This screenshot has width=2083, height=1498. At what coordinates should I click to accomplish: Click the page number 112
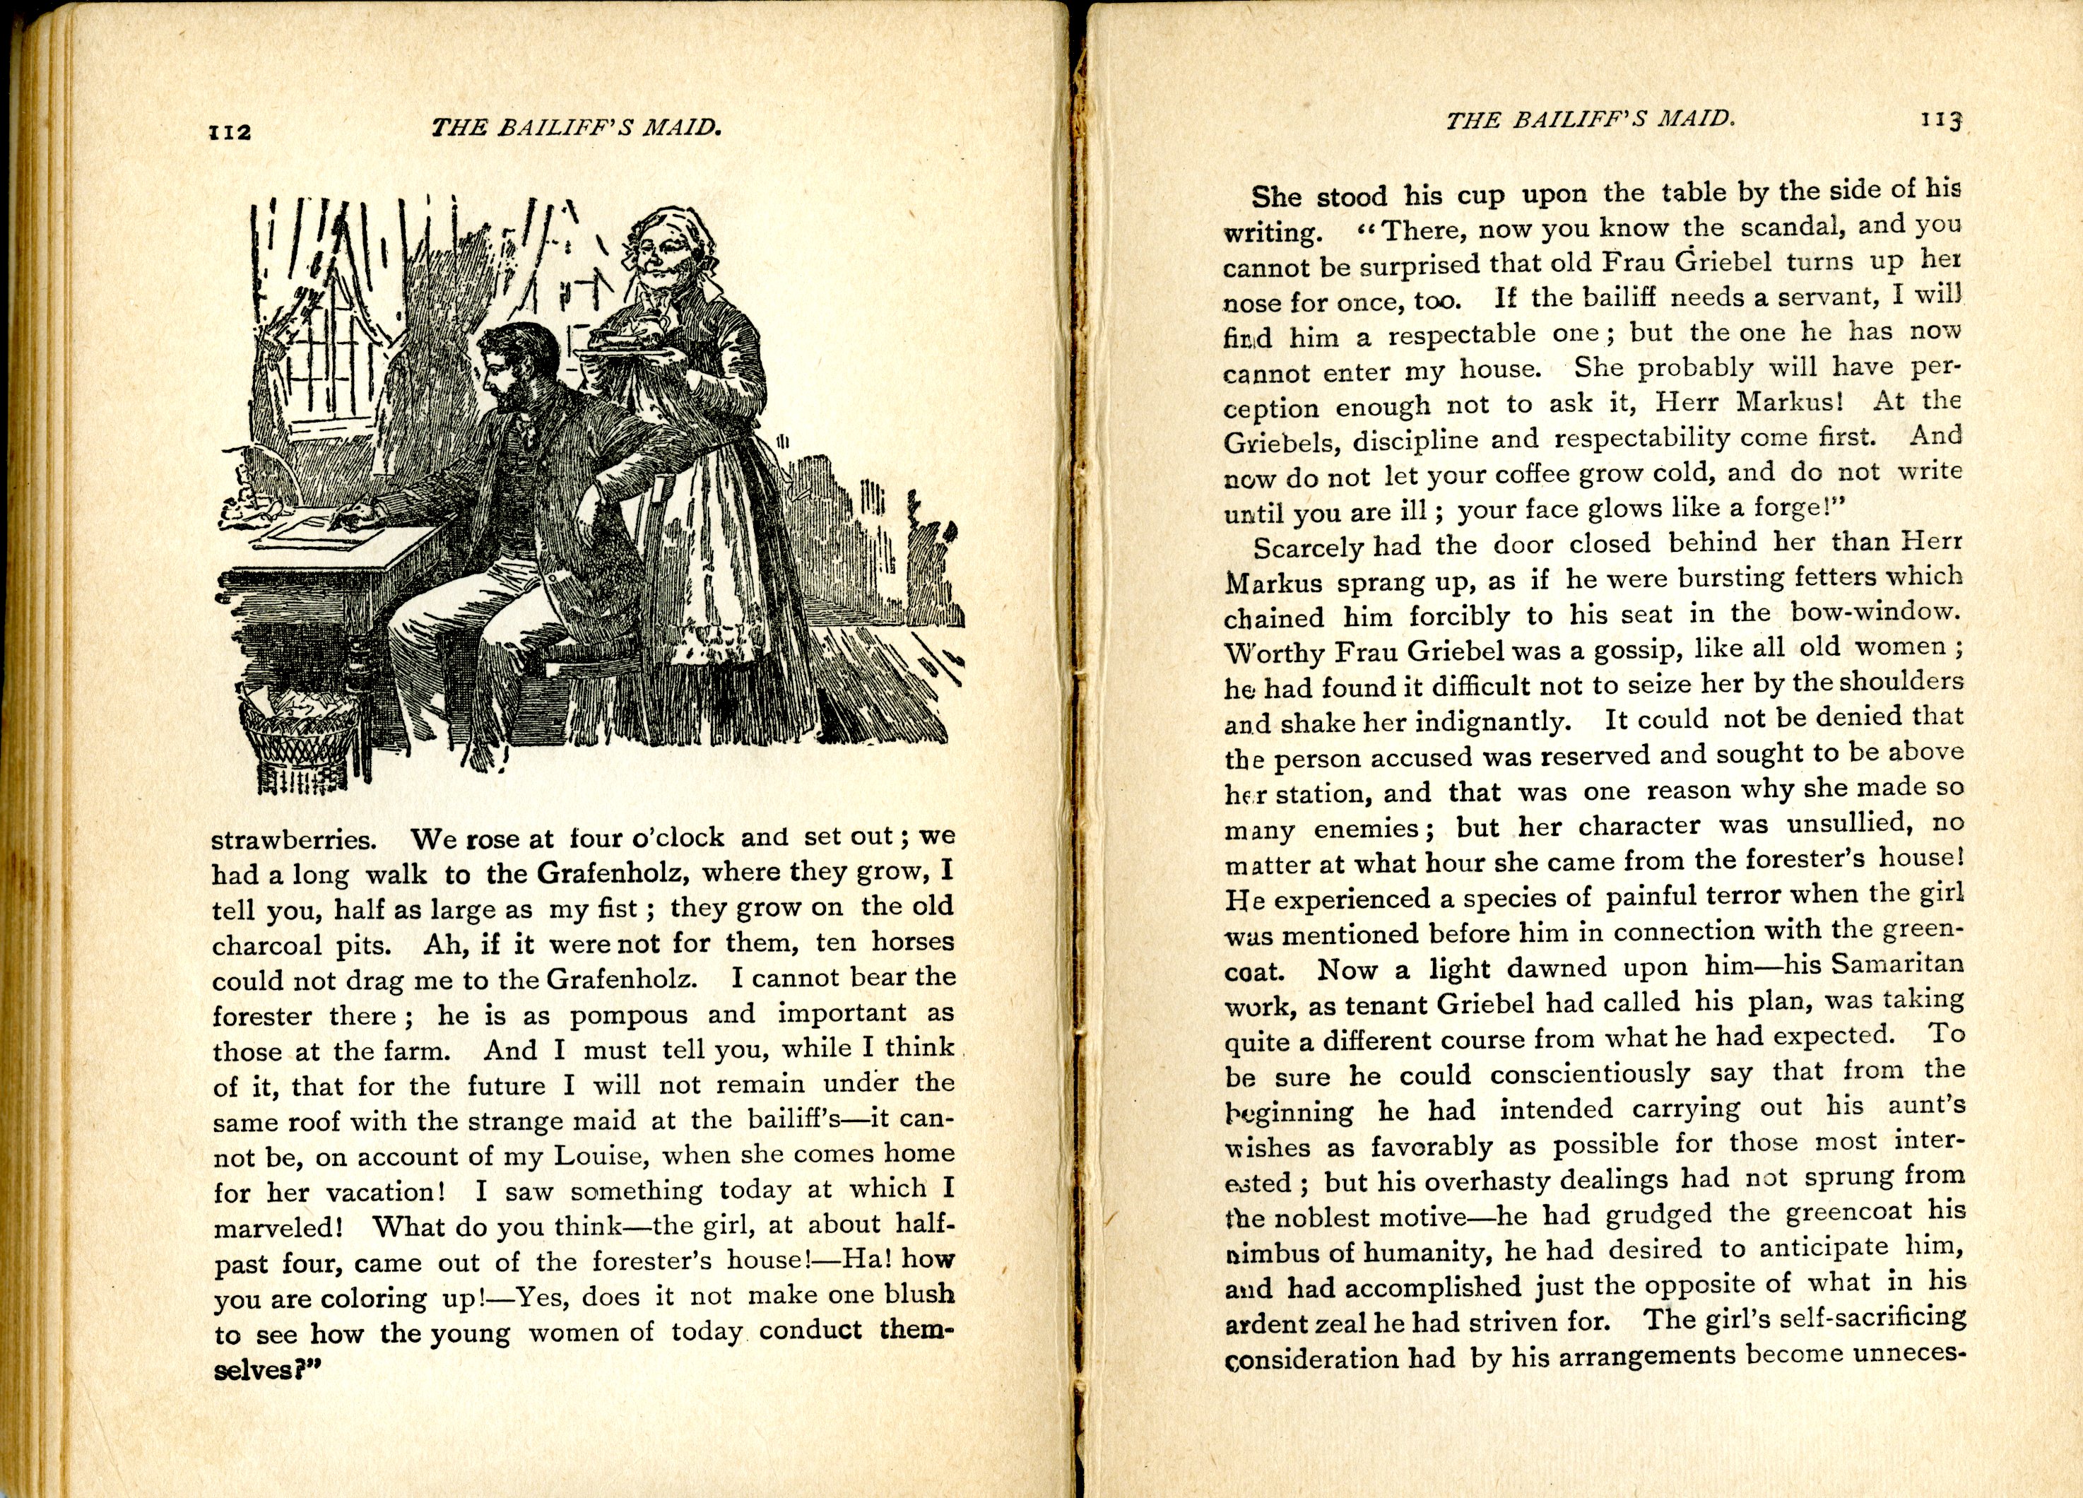[230, 131]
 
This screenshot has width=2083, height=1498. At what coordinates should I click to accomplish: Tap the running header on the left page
[576, 128]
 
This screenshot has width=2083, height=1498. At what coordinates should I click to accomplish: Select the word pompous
[628, 1015]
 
